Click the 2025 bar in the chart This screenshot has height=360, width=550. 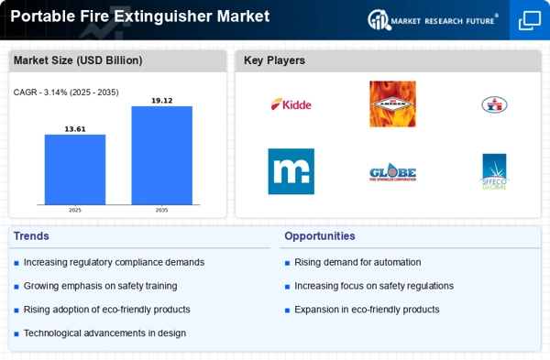[75, 169]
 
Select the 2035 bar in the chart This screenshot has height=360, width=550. [161, 156]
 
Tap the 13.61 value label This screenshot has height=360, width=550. [75, 129]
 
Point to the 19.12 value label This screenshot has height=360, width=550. [161, 101]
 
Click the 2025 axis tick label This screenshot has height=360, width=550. [75, 210]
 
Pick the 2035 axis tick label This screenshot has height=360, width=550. [161, 210]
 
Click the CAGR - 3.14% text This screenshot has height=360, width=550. [66, 92]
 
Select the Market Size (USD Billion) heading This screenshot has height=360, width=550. [78, 60]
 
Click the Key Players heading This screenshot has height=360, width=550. [274, 60]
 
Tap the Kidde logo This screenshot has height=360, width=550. [291, 104]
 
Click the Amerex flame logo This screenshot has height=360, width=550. [392, 104]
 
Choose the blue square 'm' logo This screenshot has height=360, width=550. [291, 171]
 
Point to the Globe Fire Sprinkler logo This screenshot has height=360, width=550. [392, 172]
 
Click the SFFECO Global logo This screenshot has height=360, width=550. [494, 171]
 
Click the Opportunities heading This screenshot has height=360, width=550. [319, 235]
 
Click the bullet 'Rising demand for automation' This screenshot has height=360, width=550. [357, 262]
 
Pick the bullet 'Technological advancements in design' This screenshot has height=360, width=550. [104, 333]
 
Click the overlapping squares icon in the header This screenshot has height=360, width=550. [530, 19]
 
